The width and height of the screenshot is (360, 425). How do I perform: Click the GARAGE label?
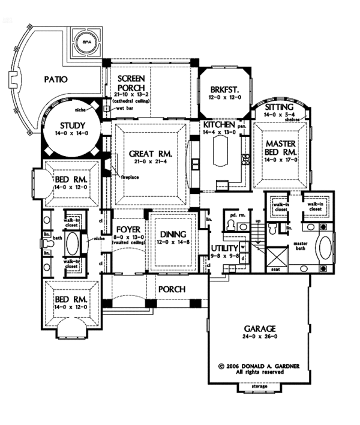coord(259,328)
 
